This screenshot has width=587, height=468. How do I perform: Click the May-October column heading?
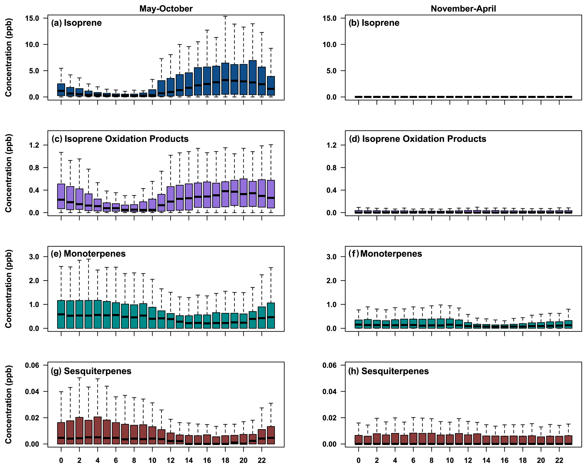(x=166, y=9)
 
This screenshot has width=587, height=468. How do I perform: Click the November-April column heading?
(x=463, y=9)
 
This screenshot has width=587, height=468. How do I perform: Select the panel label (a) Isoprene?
(x=76, y=23)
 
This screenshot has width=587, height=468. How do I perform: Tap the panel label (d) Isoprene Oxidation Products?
(x=417, y=139)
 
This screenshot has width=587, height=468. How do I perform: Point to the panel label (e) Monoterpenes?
(x=88, y=253)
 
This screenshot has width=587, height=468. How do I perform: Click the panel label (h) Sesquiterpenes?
(x=388, y=371)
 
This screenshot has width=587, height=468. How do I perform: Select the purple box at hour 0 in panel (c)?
(x=61, y=196)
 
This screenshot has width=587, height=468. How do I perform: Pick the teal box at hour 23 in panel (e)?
(x=271, y=316)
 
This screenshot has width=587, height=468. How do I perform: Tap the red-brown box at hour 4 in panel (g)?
(x=98, y=430)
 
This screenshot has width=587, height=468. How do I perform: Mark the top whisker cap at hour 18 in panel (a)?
(x=225, y=16)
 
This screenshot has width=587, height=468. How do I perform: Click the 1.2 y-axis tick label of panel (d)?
(x=331, y=145)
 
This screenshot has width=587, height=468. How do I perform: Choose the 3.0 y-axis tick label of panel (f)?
(x=331, y=257)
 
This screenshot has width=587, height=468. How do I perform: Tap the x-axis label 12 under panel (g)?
(x=170, y=460)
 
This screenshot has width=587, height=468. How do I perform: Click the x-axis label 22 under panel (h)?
(x=559, y=460)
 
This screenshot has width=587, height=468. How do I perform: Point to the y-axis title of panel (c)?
(x=9, y=173)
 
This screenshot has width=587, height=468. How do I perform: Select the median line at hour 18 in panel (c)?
(x=225, y=191)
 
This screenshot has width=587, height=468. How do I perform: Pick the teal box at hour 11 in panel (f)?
(x=459, y=324)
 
